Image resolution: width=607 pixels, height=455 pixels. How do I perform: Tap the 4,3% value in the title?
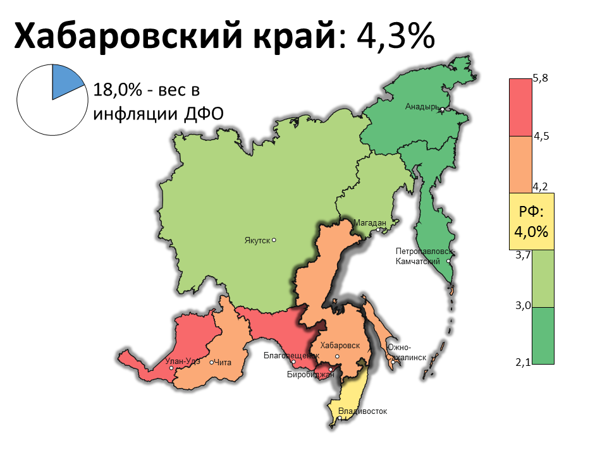(x=396, y=36)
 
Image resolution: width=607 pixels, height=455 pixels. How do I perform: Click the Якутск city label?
(x=257, y=240)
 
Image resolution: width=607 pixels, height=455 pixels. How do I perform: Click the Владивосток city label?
(x=362, y=412)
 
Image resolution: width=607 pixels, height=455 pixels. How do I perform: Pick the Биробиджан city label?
(x=310, y=375)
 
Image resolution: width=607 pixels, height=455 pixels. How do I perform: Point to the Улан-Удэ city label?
(x=182, y=362)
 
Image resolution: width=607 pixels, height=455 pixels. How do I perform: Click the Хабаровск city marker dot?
(x=338, y=357)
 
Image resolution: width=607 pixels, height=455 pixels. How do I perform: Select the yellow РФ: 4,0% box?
(x=532, y=221)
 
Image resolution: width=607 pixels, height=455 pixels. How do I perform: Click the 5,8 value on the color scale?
(x=541, y=78)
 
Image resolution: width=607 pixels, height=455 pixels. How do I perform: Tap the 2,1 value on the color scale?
(x=523, y=362)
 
